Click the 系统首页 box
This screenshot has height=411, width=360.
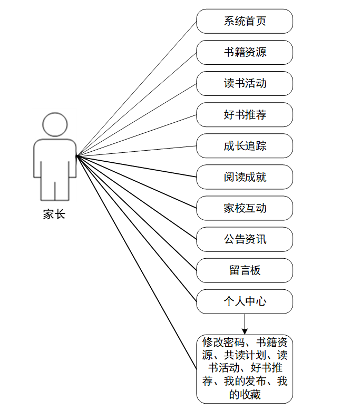(245, 21)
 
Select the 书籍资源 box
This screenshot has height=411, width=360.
(245, 52)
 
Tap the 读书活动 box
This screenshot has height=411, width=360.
(245, 84)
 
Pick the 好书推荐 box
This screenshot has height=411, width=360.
(245, 115)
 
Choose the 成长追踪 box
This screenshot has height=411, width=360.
(245, 146)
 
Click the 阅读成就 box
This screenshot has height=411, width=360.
(245, 177)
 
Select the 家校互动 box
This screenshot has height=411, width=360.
(245, 208)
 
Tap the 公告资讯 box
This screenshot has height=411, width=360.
(245, 239)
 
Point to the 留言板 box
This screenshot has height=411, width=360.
(245, 270)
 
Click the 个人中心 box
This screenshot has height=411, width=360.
(245, 302)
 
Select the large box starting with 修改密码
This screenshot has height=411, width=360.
(245, 369)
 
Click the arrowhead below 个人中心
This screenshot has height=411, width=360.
(245, 331)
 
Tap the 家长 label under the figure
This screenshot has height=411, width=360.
(54, 214)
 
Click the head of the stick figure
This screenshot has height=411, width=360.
(55, 124)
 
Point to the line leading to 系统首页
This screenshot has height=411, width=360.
(137, 89)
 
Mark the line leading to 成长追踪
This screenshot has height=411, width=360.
(137, 151)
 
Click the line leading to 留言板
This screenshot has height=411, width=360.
(137, 213)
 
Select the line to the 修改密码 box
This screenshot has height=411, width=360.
(137, 262)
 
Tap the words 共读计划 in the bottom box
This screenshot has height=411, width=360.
(245, 355)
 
